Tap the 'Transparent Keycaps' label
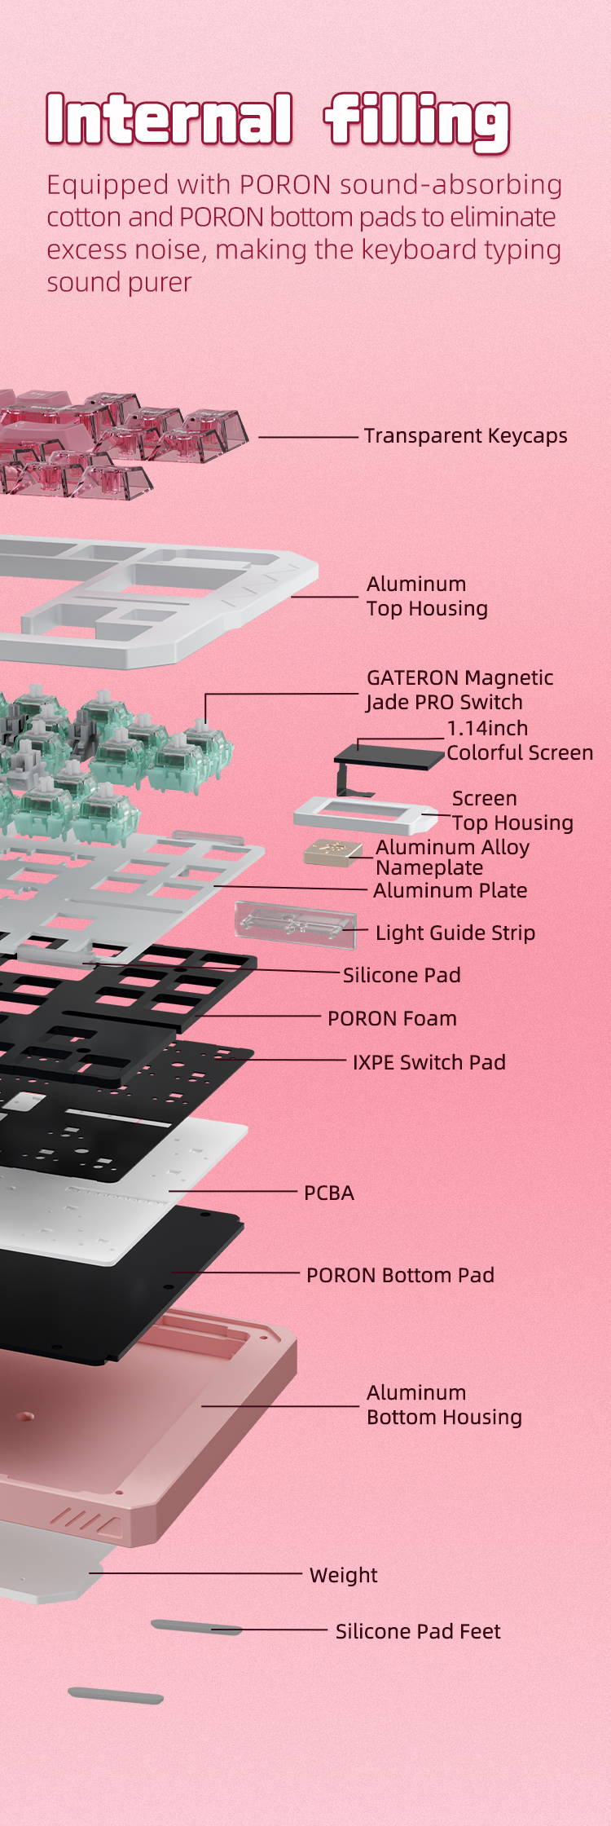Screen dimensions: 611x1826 465,436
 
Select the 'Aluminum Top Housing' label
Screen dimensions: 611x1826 427,596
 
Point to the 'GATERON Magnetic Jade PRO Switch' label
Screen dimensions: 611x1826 459,690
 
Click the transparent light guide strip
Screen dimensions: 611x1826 296,924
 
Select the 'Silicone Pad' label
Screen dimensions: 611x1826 402,975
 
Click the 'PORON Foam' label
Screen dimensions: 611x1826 392,1018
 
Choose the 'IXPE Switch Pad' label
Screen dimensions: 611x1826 429,1062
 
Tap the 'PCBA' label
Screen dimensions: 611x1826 329,1193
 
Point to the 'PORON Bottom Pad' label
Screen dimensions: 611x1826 400,1275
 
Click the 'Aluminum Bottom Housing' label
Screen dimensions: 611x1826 444,1405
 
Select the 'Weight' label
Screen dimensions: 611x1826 343,1575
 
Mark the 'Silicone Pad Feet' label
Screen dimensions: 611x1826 418,1631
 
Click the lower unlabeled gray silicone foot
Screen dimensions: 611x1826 116,1696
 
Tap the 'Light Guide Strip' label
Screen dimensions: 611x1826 455,933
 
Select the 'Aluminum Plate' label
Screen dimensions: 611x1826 450,890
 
